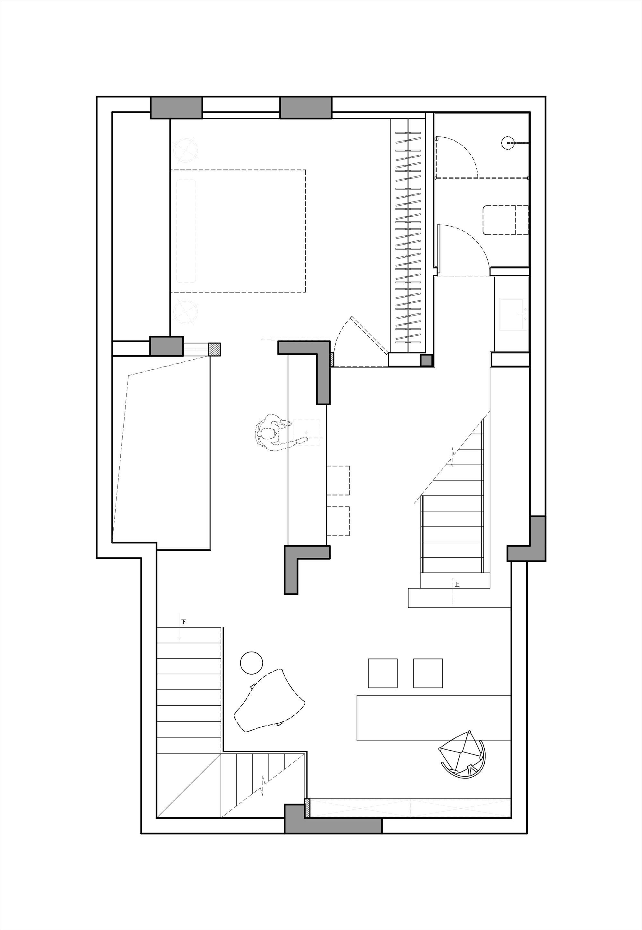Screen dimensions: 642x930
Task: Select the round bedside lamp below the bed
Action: tap(186, 312)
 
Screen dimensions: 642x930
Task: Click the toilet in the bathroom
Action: tap(506, 220)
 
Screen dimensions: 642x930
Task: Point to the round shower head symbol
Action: tap(508, 143)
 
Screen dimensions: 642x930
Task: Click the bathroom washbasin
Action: tap(513, 314)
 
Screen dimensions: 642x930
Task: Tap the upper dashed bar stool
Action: tap(338, 480)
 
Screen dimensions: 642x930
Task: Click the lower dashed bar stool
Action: tap(338, 521)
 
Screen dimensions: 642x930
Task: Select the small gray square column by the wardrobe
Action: tap(426, 360)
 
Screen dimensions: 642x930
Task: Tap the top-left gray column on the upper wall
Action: tap(176, 108)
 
